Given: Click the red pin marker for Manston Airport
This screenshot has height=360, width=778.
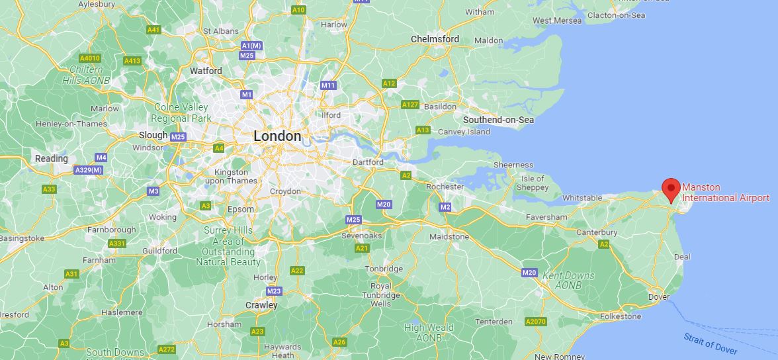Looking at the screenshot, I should [x=671, y=189].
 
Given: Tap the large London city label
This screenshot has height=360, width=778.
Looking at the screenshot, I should [x=277, y=136].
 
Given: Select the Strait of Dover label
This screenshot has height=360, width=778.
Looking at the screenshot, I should [x=711, y=342].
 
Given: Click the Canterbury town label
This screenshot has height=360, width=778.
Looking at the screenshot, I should [x=596, y=232].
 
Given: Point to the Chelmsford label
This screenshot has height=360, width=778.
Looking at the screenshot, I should [x=435, y=39].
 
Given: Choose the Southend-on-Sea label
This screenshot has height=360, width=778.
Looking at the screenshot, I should [x=498, y=120].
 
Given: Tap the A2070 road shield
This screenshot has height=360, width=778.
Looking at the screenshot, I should [x=535, y=322].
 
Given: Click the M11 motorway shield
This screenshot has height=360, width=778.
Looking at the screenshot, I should [x=328, y=85].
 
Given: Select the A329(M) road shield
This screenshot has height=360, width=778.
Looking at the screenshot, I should [x=88, y=170].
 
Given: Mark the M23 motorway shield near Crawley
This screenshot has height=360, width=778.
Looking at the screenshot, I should [x=274, y=291].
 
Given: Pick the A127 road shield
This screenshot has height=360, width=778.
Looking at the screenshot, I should [x=410, y=105].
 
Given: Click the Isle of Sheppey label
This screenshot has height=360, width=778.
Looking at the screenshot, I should [x=533, y=183].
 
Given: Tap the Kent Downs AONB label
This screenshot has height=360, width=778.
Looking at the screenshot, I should [x=568, y=279].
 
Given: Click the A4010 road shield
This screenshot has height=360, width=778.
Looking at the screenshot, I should [x=89, y=58].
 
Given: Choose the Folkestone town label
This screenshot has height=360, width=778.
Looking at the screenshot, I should [x=621, y=316].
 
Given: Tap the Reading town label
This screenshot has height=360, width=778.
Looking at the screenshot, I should [x=52, y=159].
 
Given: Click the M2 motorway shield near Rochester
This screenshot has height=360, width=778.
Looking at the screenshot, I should [x=445, y=208].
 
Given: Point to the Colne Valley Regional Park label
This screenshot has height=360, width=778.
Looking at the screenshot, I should [x=181, y=112].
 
